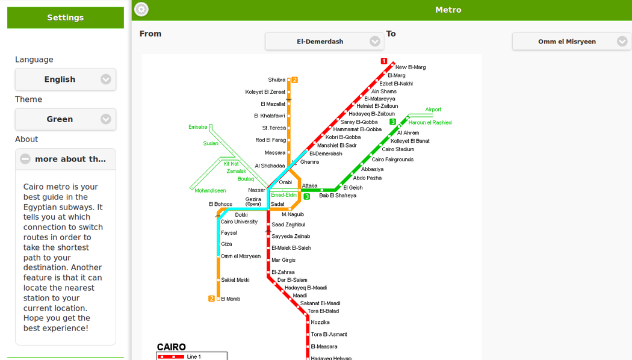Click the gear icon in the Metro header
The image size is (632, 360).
point(141,9)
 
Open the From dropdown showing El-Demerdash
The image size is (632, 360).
point(324,42)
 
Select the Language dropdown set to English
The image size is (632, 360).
point(66,79)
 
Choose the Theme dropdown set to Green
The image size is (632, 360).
point(66,119)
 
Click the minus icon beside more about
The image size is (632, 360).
point(25,159)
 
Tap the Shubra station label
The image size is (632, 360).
point(277,80)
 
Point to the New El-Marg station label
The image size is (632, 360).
point(410,67)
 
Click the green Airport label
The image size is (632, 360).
point(433,110)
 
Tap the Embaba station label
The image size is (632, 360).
point(197,127)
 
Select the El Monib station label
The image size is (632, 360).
point(231,299)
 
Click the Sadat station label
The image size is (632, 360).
point(277,204)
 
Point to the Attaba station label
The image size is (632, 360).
point(309,186)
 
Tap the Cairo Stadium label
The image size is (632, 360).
point(398,149)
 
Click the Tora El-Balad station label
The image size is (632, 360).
point(323,311)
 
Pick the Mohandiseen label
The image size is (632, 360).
point(210,191)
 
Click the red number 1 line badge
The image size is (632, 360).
point(384,61)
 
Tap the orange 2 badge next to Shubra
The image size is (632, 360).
point(295,80)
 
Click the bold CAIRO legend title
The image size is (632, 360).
point(172,347)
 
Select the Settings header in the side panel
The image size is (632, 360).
point(66,18)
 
